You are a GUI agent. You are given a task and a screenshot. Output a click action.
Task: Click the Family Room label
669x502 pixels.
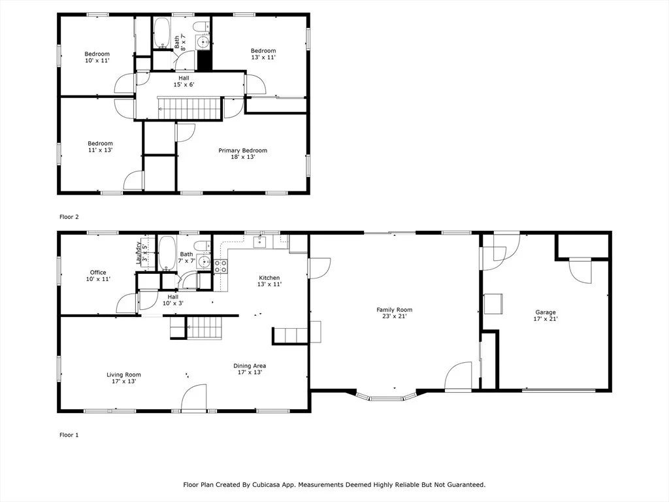point(394,313)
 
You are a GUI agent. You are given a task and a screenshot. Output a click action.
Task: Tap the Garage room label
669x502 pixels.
point(546,316)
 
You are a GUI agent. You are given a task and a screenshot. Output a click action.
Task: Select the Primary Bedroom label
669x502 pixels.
point(243,154)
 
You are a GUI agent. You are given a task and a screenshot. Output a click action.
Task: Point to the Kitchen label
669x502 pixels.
point(269,281)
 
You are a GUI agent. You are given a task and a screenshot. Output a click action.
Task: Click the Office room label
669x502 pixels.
point(98,276)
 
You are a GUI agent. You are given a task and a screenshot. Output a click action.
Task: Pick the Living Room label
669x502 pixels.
point(123,378)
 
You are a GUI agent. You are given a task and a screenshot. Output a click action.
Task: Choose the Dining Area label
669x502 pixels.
point(250,369)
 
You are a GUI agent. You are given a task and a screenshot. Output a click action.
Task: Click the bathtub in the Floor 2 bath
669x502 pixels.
point(161,33)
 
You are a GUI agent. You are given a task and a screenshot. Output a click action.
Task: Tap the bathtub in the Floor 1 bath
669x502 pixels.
point(167,253)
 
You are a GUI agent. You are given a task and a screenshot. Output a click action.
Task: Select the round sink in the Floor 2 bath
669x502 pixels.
point(203,42)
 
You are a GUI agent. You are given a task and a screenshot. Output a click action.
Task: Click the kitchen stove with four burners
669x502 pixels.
point(220,267)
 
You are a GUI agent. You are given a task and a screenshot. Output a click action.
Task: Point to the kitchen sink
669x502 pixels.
point(260,242)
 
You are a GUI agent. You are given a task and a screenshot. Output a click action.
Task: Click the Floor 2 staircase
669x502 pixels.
point(189,109)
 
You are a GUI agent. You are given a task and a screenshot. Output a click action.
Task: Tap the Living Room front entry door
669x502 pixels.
point(193,398)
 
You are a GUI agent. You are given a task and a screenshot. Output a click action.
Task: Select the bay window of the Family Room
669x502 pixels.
point(386,397)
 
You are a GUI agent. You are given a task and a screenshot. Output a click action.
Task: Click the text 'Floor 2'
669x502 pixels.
point(69,217)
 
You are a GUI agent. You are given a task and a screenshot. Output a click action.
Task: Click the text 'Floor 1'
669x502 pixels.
point(69,435)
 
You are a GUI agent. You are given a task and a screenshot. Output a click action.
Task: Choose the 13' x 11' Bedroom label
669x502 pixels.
point(263,54)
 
